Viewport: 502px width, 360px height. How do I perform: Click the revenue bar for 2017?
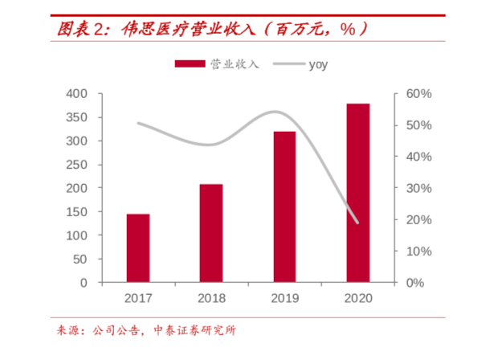pyautogui.click(x=137, y=248)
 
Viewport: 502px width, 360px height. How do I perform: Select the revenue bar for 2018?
pyautogui.click(x=211, y=233)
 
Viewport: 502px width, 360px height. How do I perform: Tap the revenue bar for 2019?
pyautogui.click(x=284, y=207)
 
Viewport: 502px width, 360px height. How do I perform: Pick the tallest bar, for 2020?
pyautogui.click(x=357, y=193)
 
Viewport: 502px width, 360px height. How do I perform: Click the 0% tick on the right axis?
pyautogui.click(x=415, y=283)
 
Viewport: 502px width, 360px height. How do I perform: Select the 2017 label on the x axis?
pyautogui.click(x=137, y=298)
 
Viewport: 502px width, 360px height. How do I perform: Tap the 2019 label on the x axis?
pyautogui.click(x=284, y=298)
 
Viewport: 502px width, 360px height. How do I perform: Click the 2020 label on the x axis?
pyautogui.click(x=357, y=298)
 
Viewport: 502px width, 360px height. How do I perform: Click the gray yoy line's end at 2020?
pyautogui.click(x=357, y=223)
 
